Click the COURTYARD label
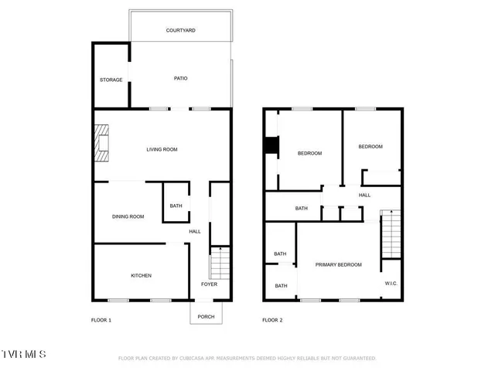[x=180, y=30]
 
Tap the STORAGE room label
[x=111, y=80]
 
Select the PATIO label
[x=180, y=78]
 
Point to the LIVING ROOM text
[x=162, y=149]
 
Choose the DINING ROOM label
[x=128, y=216]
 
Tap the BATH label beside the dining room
[x=176, y=206]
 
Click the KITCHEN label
[x=141, y=276]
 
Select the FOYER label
[x=209, y=284]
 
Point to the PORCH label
[x=207, y=316]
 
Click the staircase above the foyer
[x=220, y=264]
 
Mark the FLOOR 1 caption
[x=101, y=320]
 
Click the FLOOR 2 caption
[x=272, y=320]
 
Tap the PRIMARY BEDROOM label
[x=338, y=265]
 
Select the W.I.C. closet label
[x=391, y=284]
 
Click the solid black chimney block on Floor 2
[x=271, y=146]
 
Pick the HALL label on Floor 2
[x=364, y=196]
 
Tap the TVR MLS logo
[x=23, y=354]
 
